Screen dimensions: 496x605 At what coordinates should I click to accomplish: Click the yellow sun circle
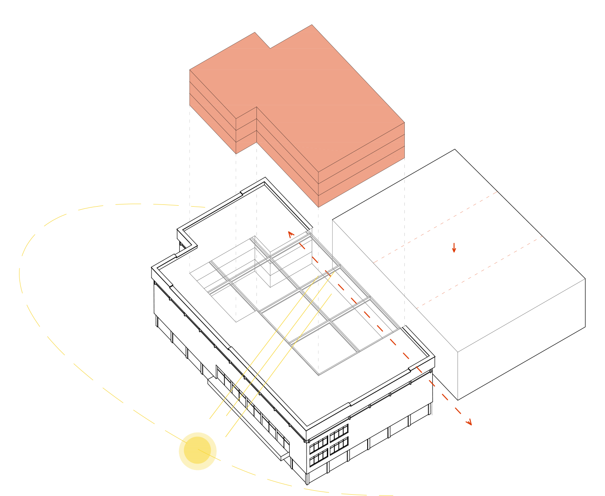coord(198,451)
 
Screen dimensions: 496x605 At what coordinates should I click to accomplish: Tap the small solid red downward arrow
coord(454,249)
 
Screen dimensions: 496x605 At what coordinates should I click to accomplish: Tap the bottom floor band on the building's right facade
coord(361,176)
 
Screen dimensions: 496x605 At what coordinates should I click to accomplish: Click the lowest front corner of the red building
coord(318,207)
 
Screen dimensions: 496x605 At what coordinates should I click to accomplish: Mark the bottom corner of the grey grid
coord(319,374)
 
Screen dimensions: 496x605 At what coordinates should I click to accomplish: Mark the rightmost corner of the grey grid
coord(400,328)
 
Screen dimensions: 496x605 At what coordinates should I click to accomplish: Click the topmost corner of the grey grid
coord(309,232)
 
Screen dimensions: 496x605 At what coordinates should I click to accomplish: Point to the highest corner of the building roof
coord(312,25)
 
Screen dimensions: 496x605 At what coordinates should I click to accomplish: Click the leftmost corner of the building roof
coord(190,70)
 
